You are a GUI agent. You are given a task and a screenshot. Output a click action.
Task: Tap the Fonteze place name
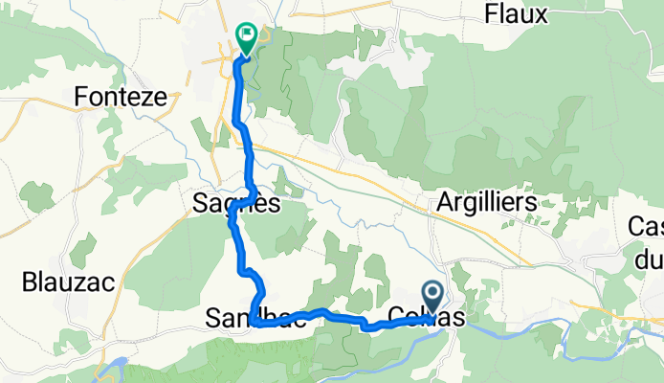(x=121, y=97)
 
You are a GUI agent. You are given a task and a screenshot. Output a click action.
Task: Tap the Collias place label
(x=427, y=319)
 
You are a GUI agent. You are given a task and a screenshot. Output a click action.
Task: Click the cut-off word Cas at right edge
(x=646, y=227)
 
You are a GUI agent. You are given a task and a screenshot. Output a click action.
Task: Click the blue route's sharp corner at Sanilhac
(x=253, y=324)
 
